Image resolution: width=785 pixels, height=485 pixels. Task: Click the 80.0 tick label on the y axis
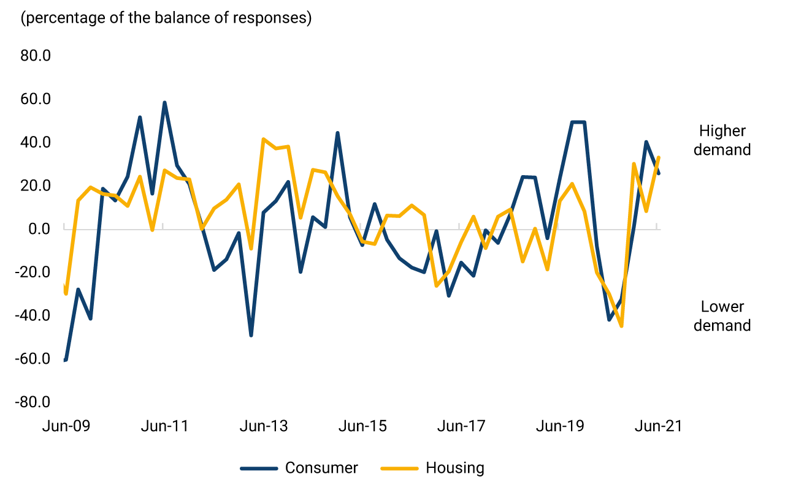click(x=35, y=56)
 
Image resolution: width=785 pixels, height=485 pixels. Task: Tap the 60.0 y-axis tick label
click(x=35, y=99)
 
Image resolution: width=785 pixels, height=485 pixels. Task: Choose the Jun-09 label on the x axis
click(x=66, y=426)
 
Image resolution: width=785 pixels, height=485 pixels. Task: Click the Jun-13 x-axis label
click(x=263, y=426)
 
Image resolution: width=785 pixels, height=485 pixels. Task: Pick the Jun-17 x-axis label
click(x=461, y=426)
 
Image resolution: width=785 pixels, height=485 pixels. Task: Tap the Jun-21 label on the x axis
click(x=658, y=426)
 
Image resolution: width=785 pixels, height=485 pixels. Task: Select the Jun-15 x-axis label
click(x=362, y=426)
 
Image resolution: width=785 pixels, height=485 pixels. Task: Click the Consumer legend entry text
click(x=321, y=468)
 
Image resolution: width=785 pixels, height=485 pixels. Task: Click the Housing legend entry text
click(x=454, y=468)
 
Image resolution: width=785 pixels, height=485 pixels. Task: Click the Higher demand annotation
click(x=722, y=140)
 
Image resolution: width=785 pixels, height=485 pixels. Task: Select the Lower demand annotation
click(x=722, y=316)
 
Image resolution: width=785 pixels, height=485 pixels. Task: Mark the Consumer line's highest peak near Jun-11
click(x=164, y=103)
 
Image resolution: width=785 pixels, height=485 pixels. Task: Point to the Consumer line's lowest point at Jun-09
click(x=66, y=359)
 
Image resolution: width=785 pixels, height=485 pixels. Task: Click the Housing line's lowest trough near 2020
click(x=621, y=326)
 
